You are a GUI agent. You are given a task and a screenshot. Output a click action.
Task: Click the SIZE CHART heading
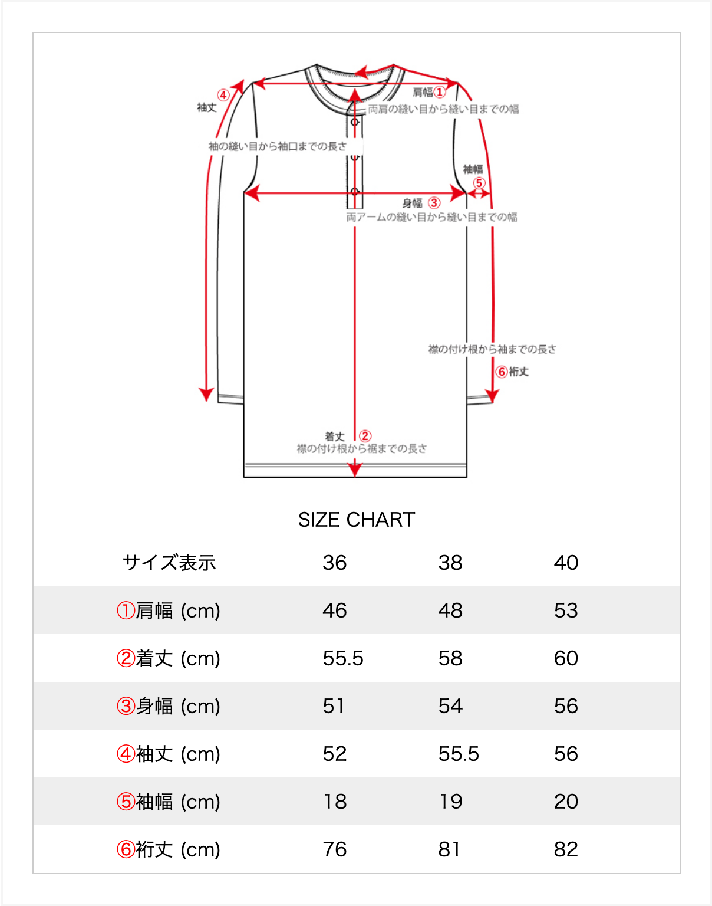(x=357, y=520)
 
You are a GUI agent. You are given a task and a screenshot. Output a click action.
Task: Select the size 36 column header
(x=335, y=563)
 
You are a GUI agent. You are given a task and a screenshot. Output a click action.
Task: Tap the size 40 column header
(x=566, y=563)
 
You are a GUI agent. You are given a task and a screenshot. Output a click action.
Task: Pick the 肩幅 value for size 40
(x=566, y=610)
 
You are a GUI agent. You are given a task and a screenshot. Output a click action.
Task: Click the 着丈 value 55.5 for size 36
(x=343, y=658)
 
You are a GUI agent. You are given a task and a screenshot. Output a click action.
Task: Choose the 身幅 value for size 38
(x=450, y=706)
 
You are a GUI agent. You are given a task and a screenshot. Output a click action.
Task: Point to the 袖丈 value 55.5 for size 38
(x=459, y=754)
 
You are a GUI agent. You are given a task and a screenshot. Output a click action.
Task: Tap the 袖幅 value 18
(x=335, y=802)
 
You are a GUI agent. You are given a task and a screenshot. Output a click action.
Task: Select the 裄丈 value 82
(x=566, y=849)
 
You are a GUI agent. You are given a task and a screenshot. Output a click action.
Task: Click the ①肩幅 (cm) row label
(x=169, y=610)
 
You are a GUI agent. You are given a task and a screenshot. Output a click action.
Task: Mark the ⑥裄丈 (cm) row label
(x=169, y=849)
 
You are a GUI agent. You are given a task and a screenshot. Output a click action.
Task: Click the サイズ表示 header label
(x=169, y=563)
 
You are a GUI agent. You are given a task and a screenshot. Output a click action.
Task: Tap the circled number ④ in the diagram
(x=223, y=95)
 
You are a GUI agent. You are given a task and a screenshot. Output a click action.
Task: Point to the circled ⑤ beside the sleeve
(x=479, y=183)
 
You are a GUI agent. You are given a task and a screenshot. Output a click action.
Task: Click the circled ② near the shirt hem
(x=365, y=436)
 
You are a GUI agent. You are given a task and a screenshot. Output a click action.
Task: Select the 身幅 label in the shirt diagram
(x=412, y=203)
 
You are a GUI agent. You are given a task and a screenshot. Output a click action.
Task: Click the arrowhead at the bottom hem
(x=355, y=470)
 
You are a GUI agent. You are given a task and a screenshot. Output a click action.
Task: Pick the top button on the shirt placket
(x=355, y=122)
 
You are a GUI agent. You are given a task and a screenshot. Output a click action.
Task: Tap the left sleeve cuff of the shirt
(x=230, y=399)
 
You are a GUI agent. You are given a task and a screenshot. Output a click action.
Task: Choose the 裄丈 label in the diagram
(x=519, y=372)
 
